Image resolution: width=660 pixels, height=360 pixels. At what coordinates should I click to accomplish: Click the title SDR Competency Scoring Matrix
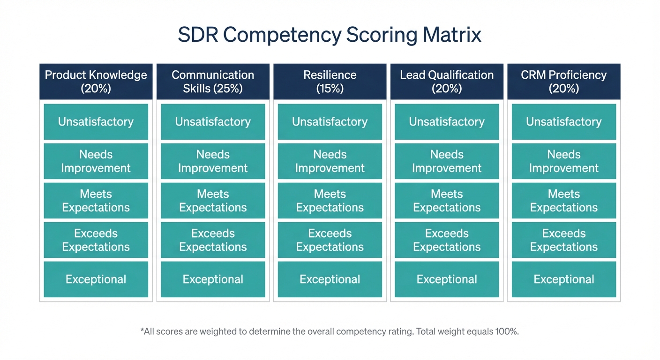click(x=330, y=36)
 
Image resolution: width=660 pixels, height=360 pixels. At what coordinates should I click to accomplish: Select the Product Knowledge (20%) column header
click(x=96, y=82)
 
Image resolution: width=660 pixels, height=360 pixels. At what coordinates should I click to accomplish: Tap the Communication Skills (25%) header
click(x=213, y=82)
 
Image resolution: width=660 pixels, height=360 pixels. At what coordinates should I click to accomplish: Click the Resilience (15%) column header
click(x=330, y=82)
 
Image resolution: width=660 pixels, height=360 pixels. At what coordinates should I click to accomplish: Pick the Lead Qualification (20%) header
click(x=447, y=82)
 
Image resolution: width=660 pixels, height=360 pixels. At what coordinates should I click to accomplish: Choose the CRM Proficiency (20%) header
click(x=563, y=82)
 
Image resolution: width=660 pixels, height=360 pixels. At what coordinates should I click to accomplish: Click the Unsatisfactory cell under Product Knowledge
click(x=96, y=122)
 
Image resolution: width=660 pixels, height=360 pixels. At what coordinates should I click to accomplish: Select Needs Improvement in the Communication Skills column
click(x=213, y=161)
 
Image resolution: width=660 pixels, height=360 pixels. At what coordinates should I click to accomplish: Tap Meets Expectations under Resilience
click(x=330, y=201)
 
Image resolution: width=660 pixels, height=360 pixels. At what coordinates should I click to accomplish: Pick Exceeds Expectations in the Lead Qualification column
click(x=447, y=240)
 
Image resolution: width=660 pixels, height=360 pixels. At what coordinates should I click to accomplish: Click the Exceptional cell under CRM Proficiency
click(x=563, y=279)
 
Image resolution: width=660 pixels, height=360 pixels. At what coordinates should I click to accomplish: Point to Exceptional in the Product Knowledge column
click(x=96, y=279)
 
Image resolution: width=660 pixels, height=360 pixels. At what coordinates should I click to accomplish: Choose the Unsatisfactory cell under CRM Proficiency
click(x=563, y=122)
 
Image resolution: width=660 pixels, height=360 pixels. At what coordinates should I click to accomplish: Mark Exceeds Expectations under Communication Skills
click(x=213, y=240)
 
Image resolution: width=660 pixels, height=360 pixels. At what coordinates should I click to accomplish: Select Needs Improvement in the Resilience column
click(x=330, y=161)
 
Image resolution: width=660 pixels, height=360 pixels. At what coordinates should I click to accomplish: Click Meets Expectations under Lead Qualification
click(x=447, y=201)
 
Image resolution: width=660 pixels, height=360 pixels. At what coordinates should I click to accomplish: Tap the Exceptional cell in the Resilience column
click(x=330, y=279)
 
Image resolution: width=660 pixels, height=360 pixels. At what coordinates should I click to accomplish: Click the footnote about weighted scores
click(x=330, y=331)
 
